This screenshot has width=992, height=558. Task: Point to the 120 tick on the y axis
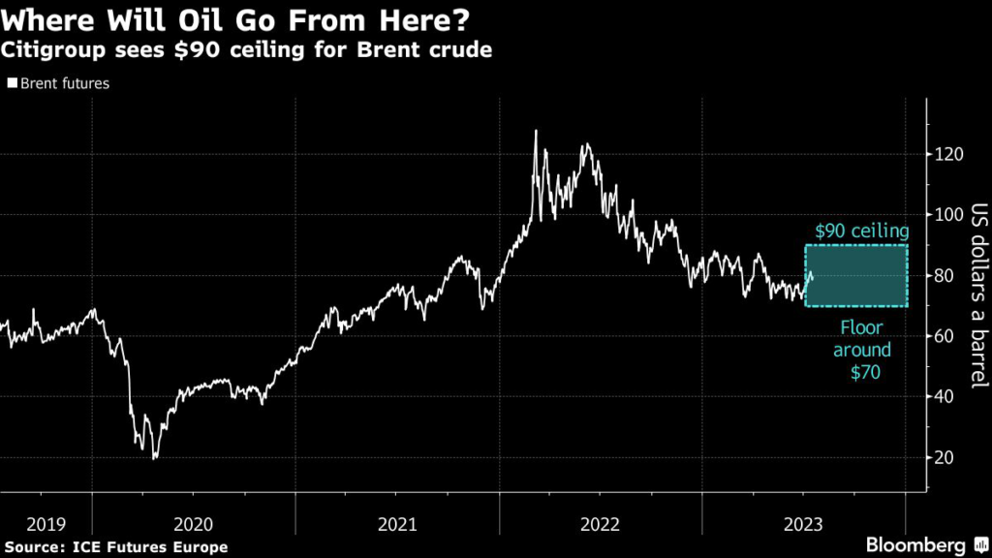950,154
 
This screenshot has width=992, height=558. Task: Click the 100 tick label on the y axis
950,215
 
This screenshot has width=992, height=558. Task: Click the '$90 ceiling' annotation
861,232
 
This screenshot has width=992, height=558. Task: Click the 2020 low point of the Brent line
154,458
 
